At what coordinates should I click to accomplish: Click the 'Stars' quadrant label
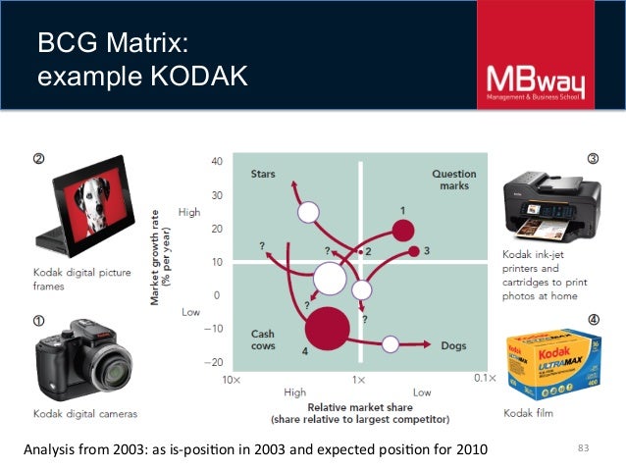[x=262, y=175]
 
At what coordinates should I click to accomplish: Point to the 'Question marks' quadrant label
[x=454, y=180]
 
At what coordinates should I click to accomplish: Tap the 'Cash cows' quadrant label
[x=262, y=339]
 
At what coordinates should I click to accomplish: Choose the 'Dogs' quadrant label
[x=453, y=344]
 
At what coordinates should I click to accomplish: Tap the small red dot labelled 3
[x=415, y=251]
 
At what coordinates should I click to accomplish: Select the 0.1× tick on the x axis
[x=480, y=378]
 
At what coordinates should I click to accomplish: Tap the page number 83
[x=586, y=449]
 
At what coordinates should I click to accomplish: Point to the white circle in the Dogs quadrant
[x=391, y=343]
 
